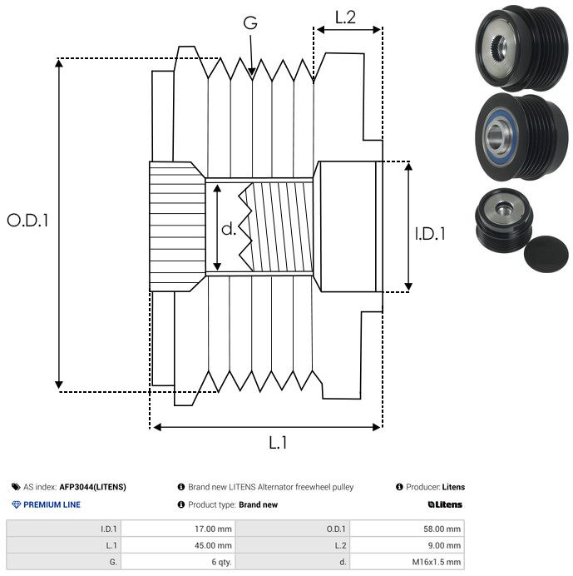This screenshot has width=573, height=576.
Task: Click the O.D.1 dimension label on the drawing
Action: [x=27, y=221]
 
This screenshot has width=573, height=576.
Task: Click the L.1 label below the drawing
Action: [x=279, y=443]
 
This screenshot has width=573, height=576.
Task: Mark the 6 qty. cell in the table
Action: [x=220, y=562]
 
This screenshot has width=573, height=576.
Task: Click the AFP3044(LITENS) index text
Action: [x=92, y=487]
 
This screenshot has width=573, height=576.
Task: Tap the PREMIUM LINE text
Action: [x=52, y=504]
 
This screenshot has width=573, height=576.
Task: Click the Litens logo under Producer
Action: [x=445, y=504]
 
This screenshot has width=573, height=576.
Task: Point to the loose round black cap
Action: [x=544, y=253]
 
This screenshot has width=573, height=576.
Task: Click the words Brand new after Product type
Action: [x=258, y=504]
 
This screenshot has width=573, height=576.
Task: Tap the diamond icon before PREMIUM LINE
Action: [x=16, y=504]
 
